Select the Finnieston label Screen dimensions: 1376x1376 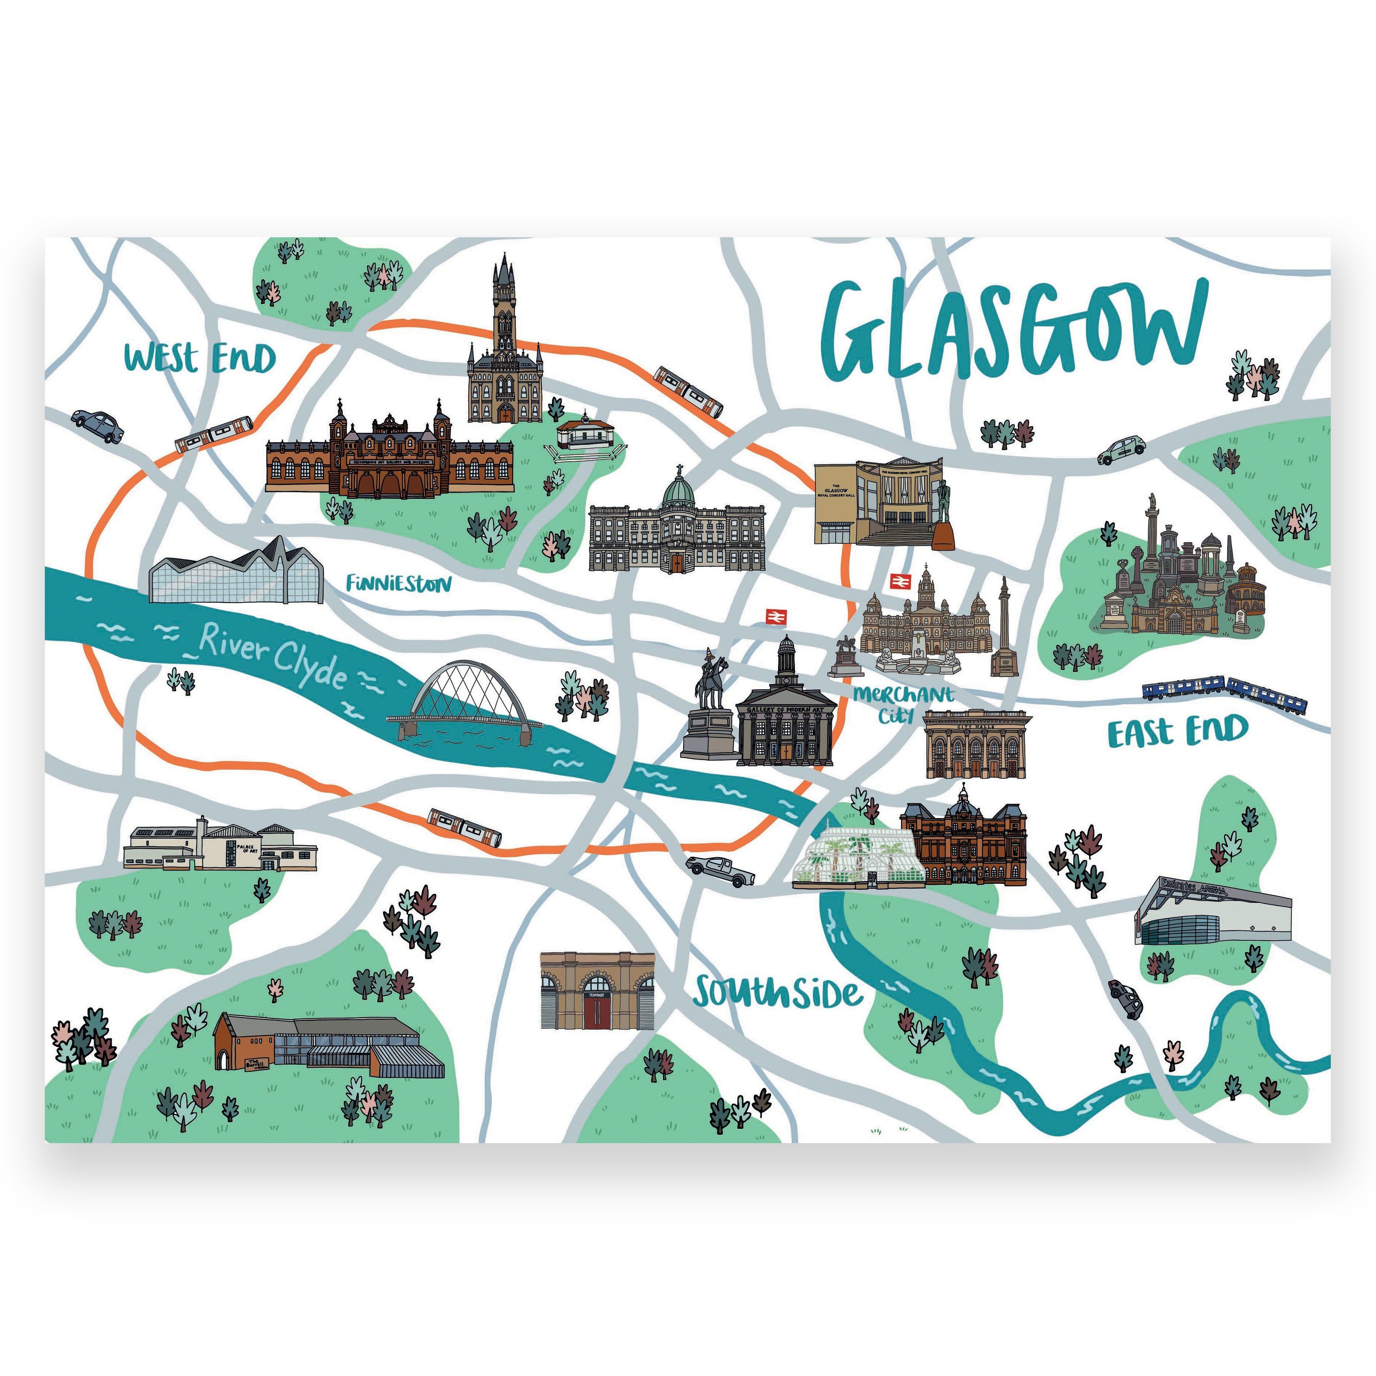point(399,584)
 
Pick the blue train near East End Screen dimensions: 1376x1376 point(1225,694)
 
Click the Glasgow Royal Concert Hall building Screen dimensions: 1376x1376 point(880,502)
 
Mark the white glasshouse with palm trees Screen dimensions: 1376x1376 point(858,857)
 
